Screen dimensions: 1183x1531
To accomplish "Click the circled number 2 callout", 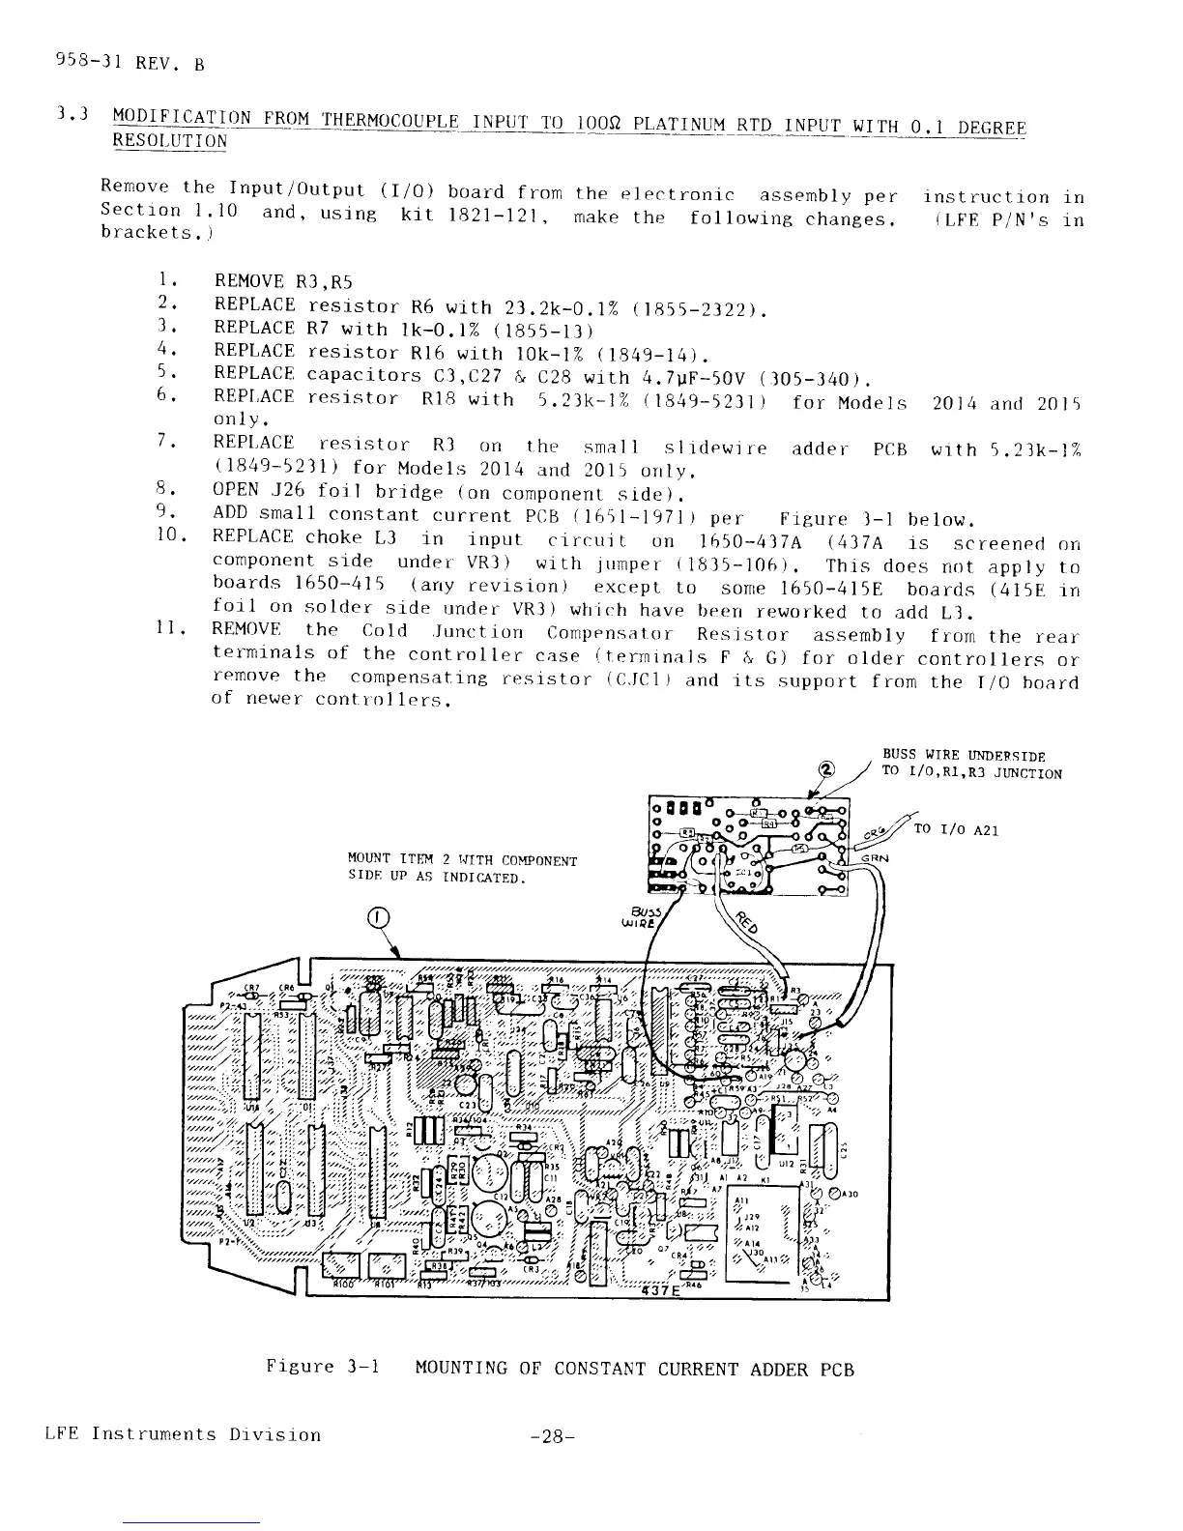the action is (826, 770).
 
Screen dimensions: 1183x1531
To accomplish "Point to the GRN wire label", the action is (875, 858).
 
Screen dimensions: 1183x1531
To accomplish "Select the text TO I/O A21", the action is (957, 829).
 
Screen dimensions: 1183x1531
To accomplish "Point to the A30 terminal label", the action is (850, 1194).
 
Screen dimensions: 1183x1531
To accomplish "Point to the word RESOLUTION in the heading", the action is (170, 141).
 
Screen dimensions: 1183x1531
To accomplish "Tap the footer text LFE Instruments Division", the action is (183, 1434).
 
